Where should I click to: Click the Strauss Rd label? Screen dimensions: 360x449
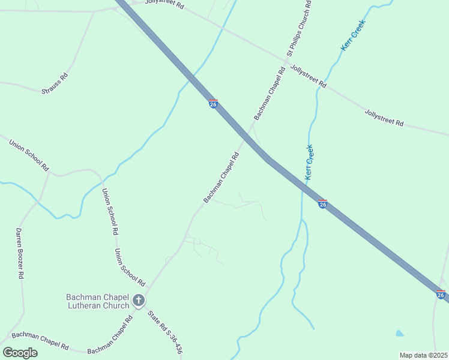[55, 83]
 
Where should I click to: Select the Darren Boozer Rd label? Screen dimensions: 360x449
[20, 253]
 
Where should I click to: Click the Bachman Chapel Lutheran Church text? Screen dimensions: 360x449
[98, 301]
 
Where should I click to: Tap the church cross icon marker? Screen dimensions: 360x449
[139, 301]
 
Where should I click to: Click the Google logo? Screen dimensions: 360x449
[20, 352]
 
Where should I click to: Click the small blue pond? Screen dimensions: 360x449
[400, 333]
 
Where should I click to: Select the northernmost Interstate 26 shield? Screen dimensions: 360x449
[213, 104]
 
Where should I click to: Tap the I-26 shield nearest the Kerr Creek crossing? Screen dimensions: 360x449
[322, 204]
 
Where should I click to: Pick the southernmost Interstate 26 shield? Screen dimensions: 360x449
[441, 295]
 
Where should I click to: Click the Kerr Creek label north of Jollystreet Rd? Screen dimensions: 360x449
[353, 35]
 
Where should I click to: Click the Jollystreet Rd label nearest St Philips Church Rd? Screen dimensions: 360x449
[307, 76]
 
